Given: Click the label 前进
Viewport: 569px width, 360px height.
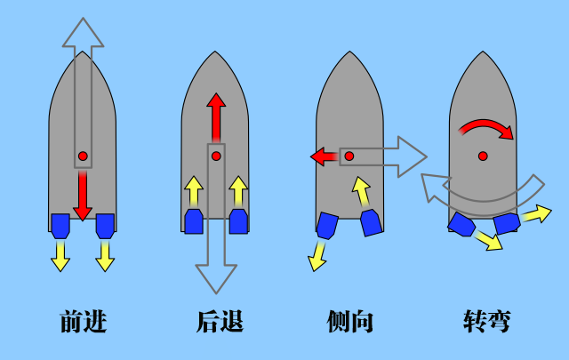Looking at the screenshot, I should coord(83,321).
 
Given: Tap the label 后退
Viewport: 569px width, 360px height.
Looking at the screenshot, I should coord(218,321).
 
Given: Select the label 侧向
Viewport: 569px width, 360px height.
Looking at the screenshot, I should coord(349,321).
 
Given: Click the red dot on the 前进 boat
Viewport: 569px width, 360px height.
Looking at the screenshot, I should coord(83,156).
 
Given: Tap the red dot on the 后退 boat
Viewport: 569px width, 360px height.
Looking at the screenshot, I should coord(216,156).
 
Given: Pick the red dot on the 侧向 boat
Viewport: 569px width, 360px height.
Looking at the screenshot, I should coord(349,156).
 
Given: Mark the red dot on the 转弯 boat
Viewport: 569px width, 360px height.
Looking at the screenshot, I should coord(483,156).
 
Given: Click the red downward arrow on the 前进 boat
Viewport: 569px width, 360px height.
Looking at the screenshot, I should coord(83,196).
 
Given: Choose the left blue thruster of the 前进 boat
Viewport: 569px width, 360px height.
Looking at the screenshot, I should coord(60,225).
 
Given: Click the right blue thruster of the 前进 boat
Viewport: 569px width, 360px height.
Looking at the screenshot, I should coord(105,225).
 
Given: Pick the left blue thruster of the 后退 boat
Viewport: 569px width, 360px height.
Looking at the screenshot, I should coord(194,220).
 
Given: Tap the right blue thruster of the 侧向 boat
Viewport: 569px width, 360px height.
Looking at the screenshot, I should coord(371,222).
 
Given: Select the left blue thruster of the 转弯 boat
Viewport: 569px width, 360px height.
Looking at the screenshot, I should coord(461,224).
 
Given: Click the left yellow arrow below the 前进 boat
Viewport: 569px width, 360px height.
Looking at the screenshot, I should coord(60,255).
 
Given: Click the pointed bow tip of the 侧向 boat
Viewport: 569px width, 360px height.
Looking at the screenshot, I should coord(349,52).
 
